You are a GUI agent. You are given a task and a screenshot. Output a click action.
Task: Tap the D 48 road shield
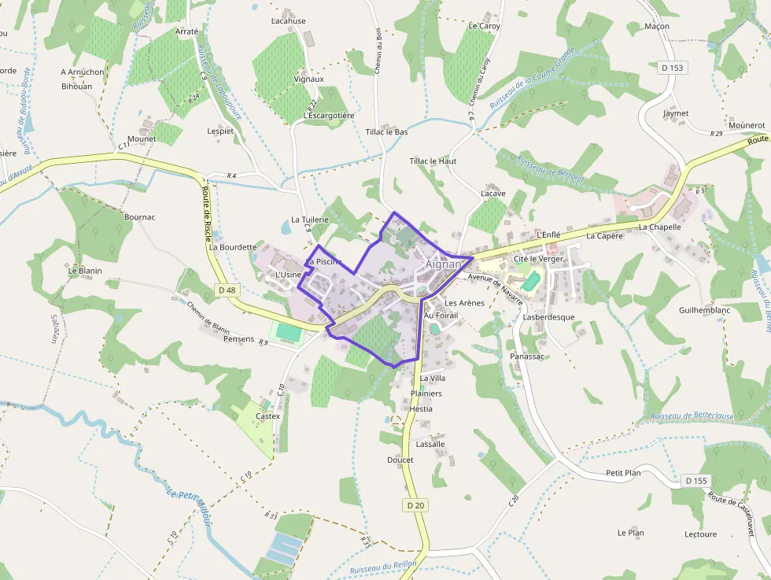coord(227,290)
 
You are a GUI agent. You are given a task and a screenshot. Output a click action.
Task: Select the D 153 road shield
coord(673,68)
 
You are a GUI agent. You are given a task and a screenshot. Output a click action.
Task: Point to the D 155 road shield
coord(696,480)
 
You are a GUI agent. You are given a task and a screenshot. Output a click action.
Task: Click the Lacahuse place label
coord(288,21)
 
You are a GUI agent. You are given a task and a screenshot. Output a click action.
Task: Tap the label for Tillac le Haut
coord(433,161)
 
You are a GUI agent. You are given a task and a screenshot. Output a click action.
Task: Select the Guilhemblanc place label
coord(705,310)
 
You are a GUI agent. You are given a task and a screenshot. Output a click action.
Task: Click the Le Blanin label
coord(85,271)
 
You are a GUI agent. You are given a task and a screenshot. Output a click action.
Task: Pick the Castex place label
coord(267,416)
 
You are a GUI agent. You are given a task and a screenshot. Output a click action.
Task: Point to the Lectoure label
coord(700,534)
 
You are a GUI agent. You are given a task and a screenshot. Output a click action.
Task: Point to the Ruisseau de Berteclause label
coord(692,416)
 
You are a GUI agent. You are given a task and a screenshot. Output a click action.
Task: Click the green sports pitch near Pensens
coord(289,332)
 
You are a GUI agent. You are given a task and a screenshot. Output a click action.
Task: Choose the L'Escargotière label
coord(329,116)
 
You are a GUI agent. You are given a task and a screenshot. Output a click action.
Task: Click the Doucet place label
coord(400,460)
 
